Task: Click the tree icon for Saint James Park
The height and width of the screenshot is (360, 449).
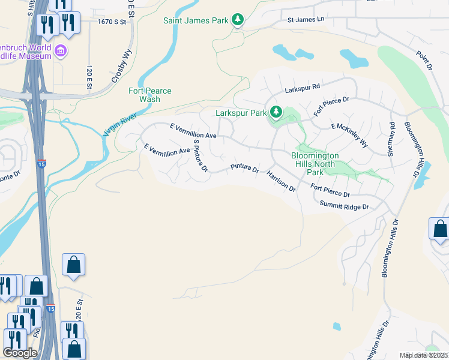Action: pos(238,20)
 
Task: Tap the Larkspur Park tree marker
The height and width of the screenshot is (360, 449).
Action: pos(276,112)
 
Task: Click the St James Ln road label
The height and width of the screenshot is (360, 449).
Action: pos(306,19)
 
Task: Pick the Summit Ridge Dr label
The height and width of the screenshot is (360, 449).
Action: pos(344,206)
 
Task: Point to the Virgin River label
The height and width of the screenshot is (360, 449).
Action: pos(120,122)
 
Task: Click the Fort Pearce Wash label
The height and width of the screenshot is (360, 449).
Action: pos(149,95)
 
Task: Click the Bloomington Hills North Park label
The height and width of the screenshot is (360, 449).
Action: pos(315,164)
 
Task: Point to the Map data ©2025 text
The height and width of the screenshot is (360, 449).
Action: pos(424,355)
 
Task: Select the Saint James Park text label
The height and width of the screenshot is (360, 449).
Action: pos(196,20)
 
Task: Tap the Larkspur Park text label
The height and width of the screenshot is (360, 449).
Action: pos(241,113)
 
